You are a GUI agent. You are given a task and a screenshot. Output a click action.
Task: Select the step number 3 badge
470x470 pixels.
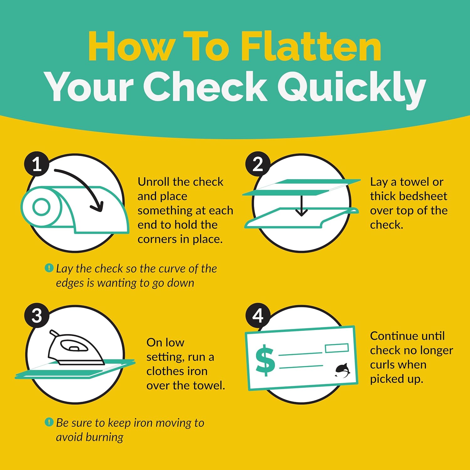(37, 316)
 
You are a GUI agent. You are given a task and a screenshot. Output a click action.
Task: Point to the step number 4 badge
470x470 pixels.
(258, 316)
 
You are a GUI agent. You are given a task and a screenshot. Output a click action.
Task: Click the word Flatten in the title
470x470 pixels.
(311, 46)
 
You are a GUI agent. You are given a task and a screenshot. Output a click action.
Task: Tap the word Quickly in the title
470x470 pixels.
(351, 87)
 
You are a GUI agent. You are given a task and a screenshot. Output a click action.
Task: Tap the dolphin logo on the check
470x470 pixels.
(342, 370)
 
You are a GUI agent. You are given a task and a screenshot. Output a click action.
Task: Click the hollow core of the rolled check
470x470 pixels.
(41, 207)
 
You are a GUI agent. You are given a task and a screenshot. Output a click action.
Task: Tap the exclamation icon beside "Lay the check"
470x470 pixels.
(49, 268)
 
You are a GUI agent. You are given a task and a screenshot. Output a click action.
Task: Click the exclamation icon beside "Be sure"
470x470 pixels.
(49, 422)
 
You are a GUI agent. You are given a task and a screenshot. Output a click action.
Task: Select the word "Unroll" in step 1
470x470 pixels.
(154, 182)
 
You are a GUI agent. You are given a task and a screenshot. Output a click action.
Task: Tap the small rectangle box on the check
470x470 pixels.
(337, 348)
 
